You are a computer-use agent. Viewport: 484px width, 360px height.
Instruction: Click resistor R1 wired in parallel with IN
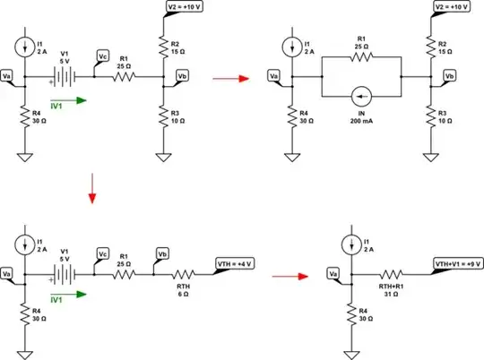(362, 56)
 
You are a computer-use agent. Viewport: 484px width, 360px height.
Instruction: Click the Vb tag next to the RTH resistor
(161, 251)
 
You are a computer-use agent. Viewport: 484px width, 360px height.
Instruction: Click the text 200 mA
(362, 117)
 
